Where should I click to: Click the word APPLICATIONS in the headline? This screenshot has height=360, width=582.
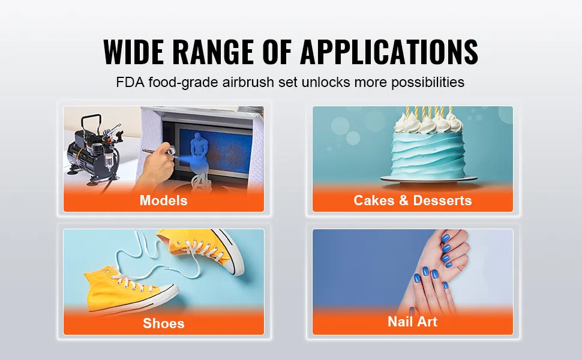click(x=389, y=52)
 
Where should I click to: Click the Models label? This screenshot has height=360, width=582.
click(x=163, y=200)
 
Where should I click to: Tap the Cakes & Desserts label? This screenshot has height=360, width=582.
click(x=412, y=200)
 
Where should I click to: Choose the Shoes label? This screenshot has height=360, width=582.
click(x=163, y=323)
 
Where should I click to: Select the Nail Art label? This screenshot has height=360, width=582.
click(x=412, y=322)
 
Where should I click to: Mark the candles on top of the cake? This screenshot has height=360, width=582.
click(x=427, y=112)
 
